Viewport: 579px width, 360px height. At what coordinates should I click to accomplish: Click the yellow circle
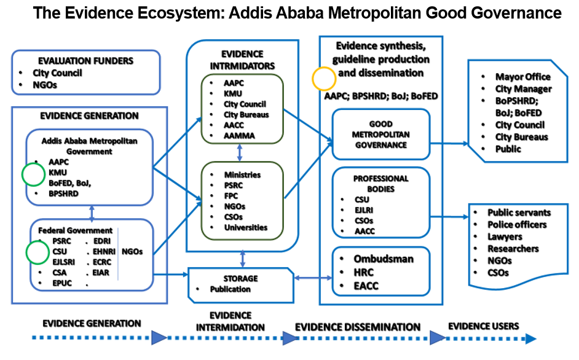click(324, 78)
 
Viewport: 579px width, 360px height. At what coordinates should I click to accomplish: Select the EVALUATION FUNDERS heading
click(85, 61)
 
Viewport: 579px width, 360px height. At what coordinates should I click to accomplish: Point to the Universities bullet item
click(246, 227)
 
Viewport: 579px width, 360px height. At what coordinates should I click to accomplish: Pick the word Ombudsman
click(375, 259)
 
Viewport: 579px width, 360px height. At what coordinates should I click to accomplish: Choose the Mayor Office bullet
click(522, 77)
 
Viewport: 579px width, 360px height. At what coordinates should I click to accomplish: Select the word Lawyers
click(505, 237)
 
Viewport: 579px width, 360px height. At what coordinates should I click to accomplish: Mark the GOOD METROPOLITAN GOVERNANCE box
click(380, 135)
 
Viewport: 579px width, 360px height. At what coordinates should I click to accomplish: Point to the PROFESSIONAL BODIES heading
click(380, 183)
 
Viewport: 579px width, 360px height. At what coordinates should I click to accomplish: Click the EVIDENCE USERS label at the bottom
click(483, 326)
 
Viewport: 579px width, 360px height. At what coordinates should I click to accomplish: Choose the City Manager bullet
click(523, 89)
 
